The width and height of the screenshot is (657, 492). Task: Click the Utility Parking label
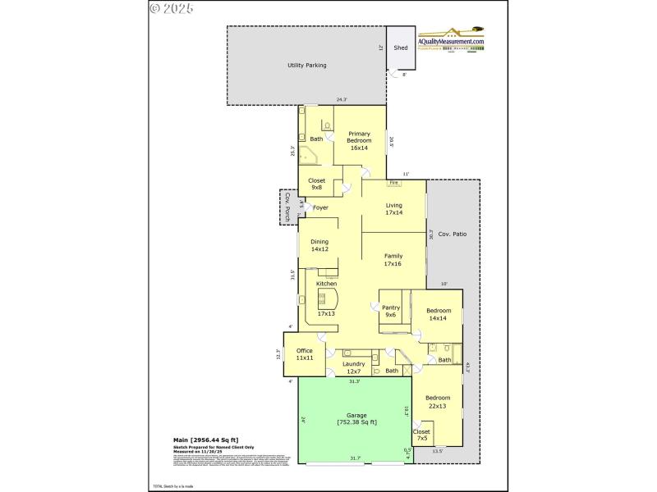(301, 65)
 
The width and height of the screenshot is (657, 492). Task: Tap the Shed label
(401, 48)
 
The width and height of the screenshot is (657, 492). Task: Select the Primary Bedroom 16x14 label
(359, 141)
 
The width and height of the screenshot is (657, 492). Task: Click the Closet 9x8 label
(316, 184)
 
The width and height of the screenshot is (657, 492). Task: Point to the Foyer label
(320, 207)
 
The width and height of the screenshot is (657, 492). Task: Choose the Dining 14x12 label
(320, 245)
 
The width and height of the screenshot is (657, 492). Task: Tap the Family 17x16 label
(393, 260)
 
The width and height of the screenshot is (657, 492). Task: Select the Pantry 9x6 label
(390, 312)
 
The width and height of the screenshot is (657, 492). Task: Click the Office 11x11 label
(305, 354)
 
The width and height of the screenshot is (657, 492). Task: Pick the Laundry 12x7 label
(353, 368)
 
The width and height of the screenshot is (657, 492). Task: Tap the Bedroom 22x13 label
(438, 402)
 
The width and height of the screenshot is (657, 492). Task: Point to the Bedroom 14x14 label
(439, 315)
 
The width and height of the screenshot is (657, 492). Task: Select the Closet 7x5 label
(421, 435)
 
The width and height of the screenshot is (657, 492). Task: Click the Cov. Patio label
(453, 235)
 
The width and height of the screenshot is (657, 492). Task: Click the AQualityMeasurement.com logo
(451, 42)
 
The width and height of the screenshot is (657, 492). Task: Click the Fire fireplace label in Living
(393, 183)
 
